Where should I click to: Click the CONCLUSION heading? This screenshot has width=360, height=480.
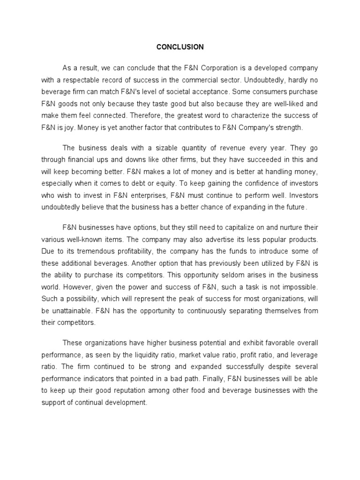pos(180,47)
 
